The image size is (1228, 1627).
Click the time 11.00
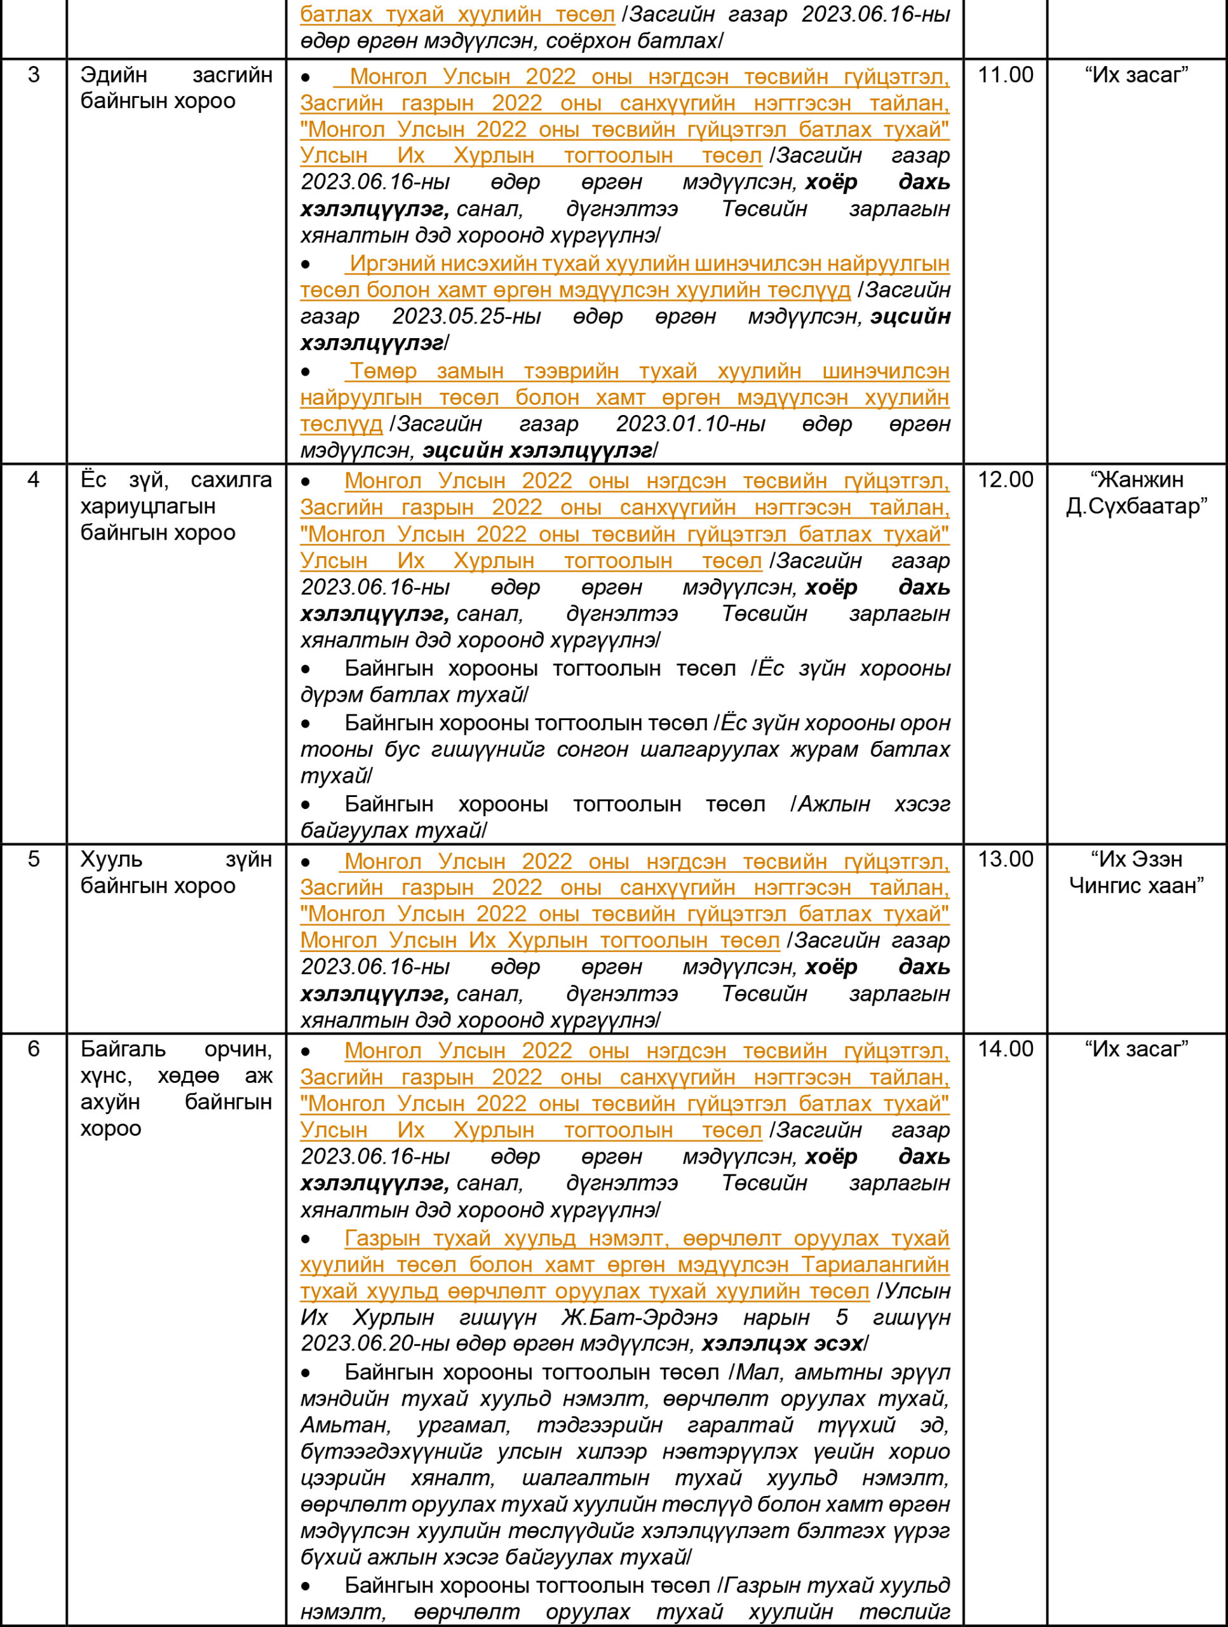[x=1005, y=75]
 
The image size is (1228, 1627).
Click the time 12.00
[x=1005, y=480]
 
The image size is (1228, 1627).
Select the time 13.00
[x=1005, y=859]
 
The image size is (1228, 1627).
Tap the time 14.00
[x=1005, y=1049]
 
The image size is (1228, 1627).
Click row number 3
[x=34, y=75]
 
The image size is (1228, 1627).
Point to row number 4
[x=34, y=480]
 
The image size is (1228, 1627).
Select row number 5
[x=34, y=859]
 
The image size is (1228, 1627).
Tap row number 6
[x=34, y=1049]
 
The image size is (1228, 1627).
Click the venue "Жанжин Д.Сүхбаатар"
[x=1137, y=493]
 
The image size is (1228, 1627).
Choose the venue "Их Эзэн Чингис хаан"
[x=1137, y=873]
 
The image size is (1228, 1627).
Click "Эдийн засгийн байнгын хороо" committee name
[x=177, y=88]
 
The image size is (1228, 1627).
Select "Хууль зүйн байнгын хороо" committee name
[x=177, y=873]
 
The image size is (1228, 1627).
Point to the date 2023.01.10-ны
[x=691, y=424]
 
